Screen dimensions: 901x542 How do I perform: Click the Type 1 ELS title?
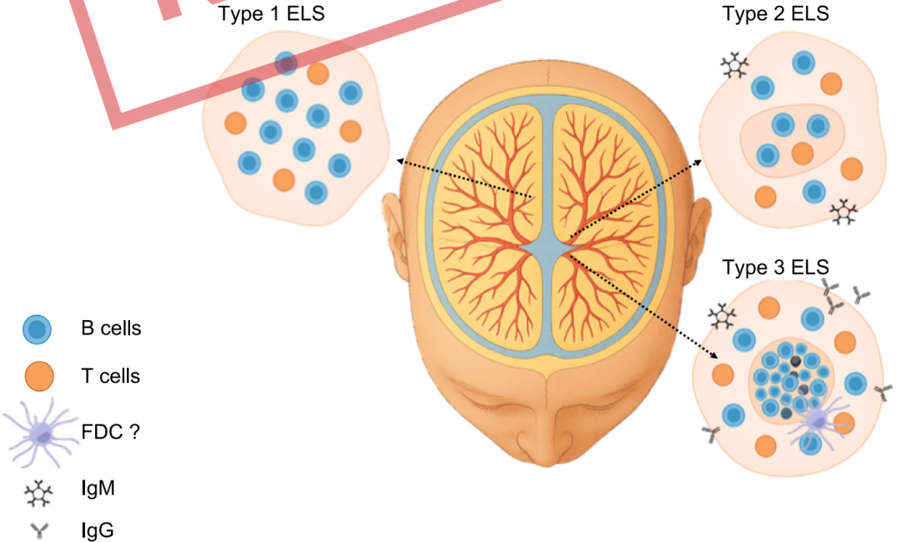click(271, 13)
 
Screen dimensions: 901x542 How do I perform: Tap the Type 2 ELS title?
click(776, 13)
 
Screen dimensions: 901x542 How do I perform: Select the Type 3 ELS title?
click(776, 267)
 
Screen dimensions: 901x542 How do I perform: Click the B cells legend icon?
click(38, 329)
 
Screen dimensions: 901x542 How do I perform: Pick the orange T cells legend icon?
click(39, 376)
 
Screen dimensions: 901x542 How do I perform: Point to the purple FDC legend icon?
click(40, 434)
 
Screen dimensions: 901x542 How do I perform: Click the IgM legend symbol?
click(38, 494)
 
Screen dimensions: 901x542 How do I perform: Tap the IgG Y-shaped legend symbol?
click(39, 531)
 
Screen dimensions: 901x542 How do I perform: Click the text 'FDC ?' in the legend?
click(110, 431)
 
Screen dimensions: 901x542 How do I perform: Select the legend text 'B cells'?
click(111, 328)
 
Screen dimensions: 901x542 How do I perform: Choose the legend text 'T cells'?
click(110, 375)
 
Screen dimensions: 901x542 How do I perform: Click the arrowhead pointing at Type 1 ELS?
click(401, 162)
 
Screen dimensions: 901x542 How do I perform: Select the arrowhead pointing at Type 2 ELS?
click(697, 163)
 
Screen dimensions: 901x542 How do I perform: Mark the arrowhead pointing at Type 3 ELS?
click(713, 355)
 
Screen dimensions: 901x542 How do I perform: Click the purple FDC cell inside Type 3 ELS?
click(817, 422)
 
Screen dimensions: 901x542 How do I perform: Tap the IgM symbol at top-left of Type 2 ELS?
click(735, 65)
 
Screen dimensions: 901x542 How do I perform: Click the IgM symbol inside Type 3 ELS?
click(722, 316)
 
